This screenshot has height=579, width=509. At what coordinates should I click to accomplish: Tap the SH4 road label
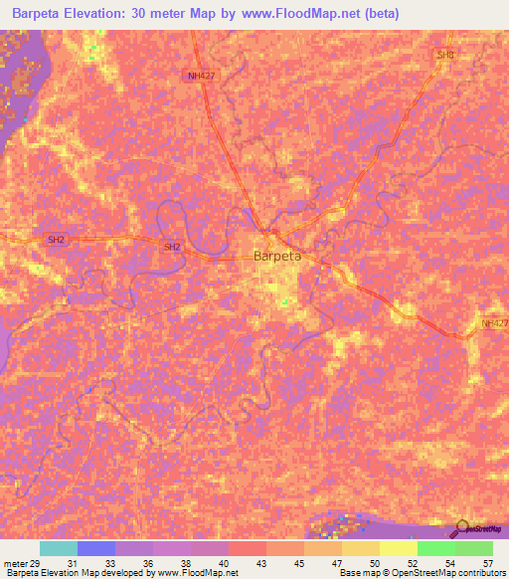445,55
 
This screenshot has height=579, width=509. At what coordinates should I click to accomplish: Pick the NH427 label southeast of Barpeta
493,323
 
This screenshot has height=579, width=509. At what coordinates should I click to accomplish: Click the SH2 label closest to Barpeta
172,247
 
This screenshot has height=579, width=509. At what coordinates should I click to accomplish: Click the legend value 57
486,563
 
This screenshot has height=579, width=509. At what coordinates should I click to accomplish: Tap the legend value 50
374,563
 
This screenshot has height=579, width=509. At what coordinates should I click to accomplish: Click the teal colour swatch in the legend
59,548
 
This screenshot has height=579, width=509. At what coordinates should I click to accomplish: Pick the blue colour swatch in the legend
96,548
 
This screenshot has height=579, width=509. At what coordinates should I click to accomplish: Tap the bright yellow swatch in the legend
399,548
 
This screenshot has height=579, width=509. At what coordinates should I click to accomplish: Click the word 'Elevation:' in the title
107,13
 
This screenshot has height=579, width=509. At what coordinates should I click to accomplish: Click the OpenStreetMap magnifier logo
463,527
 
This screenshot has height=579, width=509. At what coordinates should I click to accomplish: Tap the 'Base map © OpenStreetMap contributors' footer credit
420,573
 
